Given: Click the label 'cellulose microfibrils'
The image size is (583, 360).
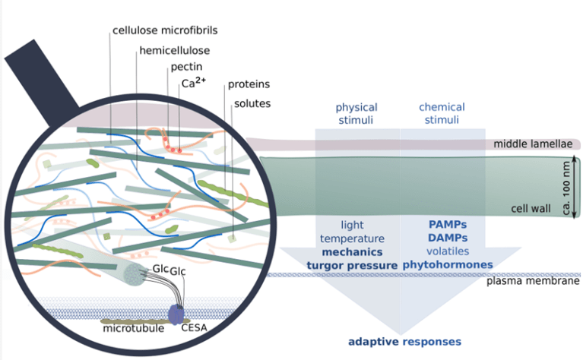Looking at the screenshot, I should point(165,30).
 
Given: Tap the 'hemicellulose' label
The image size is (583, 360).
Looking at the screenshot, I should point(174,51).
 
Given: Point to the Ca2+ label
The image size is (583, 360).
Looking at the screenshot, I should point(193,84).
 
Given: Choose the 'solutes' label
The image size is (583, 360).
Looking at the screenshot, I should point(252,103).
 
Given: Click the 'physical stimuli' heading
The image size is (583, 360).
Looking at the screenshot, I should point(356,114).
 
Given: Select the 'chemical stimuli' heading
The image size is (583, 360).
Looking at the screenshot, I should point(442,114).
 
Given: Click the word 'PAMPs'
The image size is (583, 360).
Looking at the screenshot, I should point(446,225).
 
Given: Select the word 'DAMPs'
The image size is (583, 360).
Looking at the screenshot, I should point(446,238).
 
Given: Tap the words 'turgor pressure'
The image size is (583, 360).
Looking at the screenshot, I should point(353,264).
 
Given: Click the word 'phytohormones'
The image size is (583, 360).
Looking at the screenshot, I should point(447,264).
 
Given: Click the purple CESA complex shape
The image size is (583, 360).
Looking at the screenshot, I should point(176,314).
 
